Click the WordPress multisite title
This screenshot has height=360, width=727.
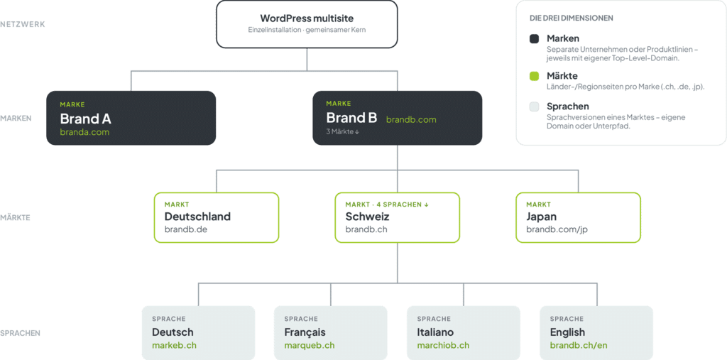[307, 18]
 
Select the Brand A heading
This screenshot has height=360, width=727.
[85, 119]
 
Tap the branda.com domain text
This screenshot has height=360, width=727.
[84, 132]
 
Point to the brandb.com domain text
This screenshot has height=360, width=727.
[411, 120]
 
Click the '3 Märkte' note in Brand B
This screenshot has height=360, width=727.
[343, 132]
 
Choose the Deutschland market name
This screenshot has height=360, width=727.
[197, 217]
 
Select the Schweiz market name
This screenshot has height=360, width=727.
[367, 217]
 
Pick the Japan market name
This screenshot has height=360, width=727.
[542, 217]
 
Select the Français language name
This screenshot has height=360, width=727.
[305, 332]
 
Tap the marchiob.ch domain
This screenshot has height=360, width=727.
[443, 346]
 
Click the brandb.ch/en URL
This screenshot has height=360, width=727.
[579, 346]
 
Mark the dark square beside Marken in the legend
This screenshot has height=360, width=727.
[534, 39]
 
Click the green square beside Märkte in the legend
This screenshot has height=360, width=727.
[534, 76]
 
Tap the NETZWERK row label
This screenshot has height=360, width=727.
[23, 25]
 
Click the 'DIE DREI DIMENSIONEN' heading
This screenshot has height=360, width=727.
[572, 18]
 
